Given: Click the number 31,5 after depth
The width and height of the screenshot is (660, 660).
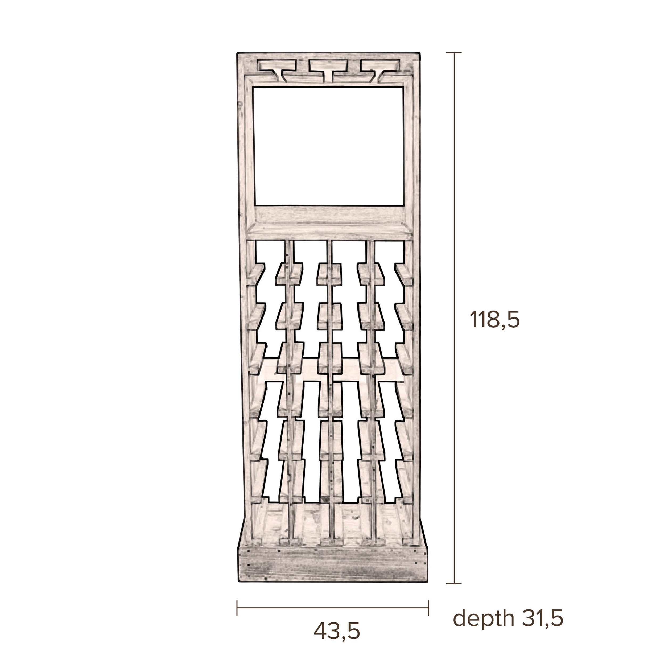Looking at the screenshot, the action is pyautogui.click(x=542, y=618).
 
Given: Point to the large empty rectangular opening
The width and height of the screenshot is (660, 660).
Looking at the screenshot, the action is pyautogui.click(x=329, y=146).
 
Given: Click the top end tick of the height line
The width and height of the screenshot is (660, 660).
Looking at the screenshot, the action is pyautogui.click(x=454, y=53).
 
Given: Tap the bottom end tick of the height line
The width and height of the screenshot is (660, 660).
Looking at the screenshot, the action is pyautogui.click(x=454, y=583).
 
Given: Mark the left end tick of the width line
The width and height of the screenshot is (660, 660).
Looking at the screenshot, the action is pyautogui.click(x=237, y=608).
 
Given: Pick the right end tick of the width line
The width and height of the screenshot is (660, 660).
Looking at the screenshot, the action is pyautogui.click(x=428, y=608).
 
